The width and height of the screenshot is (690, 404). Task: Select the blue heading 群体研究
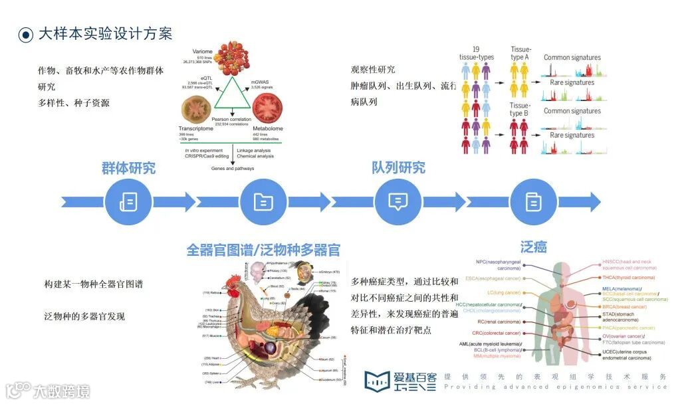pyautogui.click(x=129, y=168)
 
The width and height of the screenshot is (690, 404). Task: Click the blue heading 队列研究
pyautogui.click(x=399, y=167)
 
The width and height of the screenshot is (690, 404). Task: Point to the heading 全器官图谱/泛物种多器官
pyautogui.click(x=264, y=251)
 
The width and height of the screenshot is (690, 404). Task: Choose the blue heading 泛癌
pyautogui.click(x=534, y=247)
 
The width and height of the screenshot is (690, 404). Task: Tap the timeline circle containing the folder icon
pyautogui.click(x=263, y=201)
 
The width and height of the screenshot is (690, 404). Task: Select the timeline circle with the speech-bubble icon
pyautogui.click(x=398, y=201)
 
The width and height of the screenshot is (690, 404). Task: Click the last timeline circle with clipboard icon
pyautogui.click(x=533, y=201)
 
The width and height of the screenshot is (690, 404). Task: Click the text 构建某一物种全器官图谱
pyautogui.click(x=94, y=284)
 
